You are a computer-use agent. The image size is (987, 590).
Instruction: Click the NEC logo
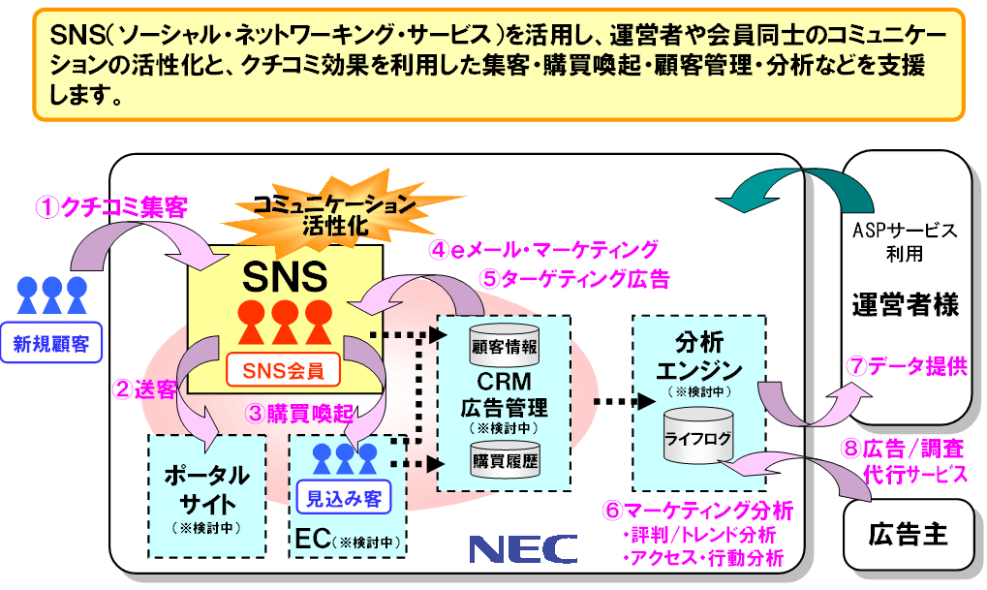click(523, 548)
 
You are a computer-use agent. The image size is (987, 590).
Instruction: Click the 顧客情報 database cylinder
click(504, 345)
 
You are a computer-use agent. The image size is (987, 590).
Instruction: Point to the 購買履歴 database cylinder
click(504, 459)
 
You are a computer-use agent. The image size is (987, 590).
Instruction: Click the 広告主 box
click(908, 533)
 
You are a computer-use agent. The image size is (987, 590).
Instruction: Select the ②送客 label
click(146, 389)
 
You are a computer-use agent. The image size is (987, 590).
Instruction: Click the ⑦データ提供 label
click(910, 366)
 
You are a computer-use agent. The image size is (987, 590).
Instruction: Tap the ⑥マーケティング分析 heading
click(698, 510)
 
